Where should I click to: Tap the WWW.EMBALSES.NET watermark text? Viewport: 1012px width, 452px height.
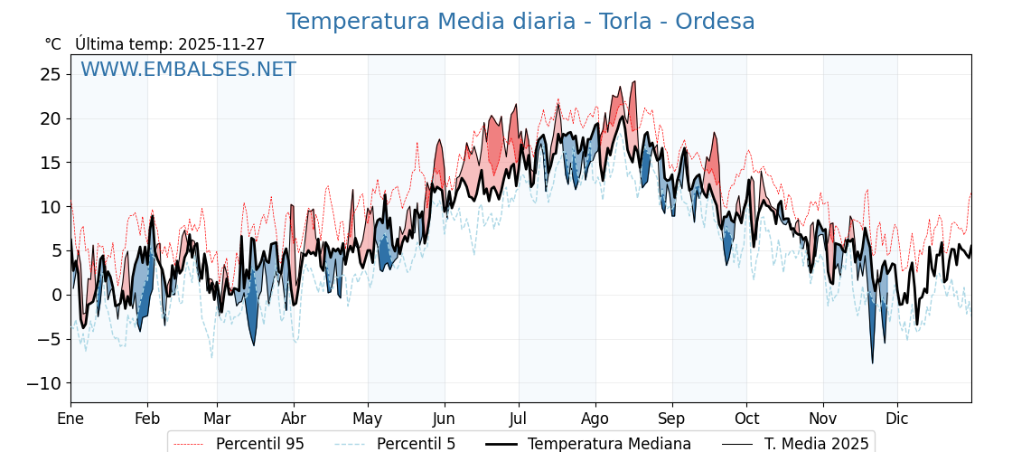[x=188, y=70]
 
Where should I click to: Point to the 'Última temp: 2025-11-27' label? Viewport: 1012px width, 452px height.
[x=170, y=44]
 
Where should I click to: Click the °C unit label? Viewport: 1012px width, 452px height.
[x=53, y=44]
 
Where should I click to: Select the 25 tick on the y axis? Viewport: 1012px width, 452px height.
[x=50, y=74]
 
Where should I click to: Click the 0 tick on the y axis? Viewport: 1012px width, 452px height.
[x=56, y=295]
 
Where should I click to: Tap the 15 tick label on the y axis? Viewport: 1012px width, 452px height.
[x=50, y=163]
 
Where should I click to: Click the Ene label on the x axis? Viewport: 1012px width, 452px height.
[x=70, y=419]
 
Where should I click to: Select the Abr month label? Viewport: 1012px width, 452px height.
[x=294, y=419]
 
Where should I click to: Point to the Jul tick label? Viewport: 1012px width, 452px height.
[x=519, y=419]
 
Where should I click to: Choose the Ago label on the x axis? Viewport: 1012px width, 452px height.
[x=595, y=419]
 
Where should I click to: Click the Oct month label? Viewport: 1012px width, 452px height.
[x=746, y=419]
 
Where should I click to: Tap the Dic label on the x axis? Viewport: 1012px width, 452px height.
[x=897, y=419]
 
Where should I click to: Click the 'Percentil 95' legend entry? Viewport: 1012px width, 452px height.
[x=259, y=444]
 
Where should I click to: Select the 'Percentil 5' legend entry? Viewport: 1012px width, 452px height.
[x=416, y=444]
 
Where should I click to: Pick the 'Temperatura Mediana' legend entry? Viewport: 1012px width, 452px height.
[x=609, y=444]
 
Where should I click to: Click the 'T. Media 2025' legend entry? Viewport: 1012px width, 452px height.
[x=816, y=444]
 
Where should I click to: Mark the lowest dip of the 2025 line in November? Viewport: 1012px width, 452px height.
[x=873, y=363]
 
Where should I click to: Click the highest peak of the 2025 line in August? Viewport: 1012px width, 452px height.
[x=634, y=81]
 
